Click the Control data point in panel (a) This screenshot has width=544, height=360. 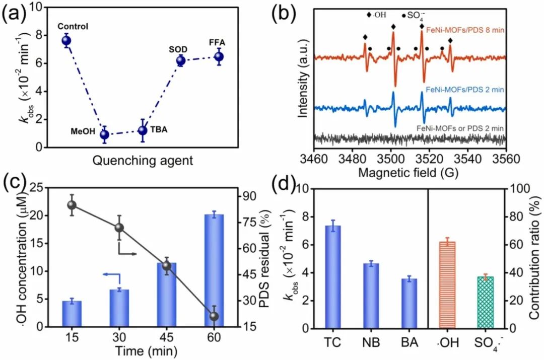66,41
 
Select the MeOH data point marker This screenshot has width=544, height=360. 104,134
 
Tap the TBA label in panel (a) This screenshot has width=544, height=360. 159,129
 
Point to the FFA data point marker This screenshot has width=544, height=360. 219,56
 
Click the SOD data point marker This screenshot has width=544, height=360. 181,61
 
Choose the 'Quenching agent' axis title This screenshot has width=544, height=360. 143,161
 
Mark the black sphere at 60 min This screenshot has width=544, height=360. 214,316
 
